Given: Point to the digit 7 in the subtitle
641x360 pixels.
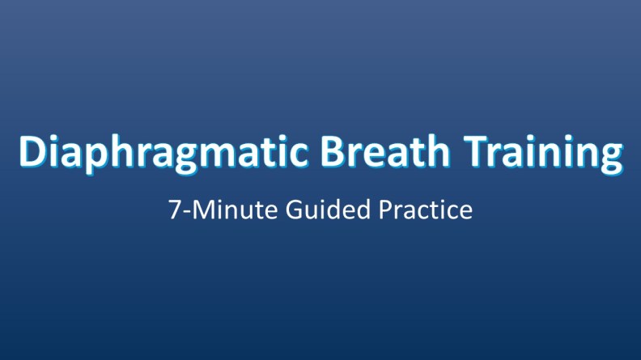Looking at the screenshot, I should (x=175, y=211).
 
